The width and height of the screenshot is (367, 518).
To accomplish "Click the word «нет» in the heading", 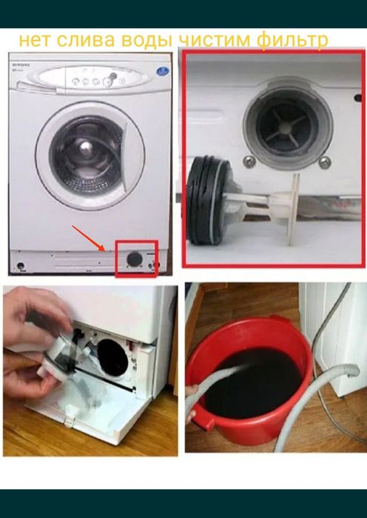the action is click(34, 40).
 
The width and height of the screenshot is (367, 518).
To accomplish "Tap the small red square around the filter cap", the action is click(136, 259).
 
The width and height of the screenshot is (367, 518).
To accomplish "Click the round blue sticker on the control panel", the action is click(163, 71).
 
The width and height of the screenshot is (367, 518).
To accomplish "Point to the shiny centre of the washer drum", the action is click(86, 146).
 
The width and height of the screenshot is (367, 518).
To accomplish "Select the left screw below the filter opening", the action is click(249, 162).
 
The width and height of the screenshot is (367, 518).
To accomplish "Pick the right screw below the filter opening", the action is click(325, 162).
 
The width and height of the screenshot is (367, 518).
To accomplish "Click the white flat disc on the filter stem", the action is click(293, 209).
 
